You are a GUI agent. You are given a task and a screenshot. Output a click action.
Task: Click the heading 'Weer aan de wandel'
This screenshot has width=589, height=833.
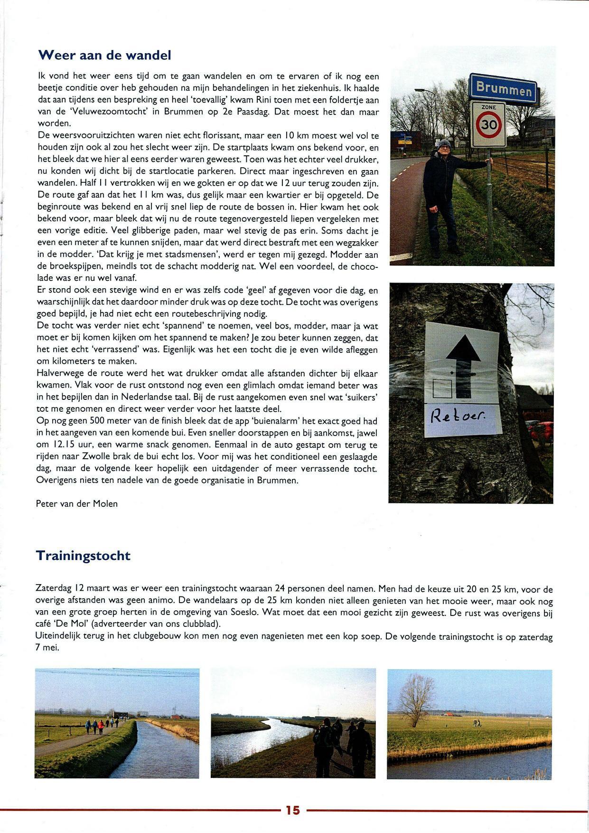pyautogui.click(x=104, y=56)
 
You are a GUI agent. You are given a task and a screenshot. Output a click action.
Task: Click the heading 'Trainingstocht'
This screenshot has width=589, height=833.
pyautogui.click(x=83, y=556)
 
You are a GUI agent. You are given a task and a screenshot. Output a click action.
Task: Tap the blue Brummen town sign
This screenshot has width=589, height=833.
pyautogui.click(x=503, y=88)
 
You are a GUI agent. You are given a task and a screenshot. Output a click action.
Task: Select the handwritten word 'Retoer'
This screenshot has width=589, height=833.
pyautogui.click(x=458, y=417)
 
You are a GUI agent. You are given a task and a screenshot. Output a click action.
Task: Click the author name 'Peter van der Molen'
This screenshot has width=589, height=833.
pyautogui.click(x=77, y=504)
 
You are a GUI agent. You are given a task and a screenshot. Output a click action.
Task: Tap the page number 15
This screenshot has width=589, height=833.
pyautogui.click(x=293, y=810)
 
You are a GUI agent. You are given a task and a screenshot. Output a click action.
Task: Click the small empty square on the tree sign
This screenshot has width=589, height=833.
pyautogui.click(x=442, y=388)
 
